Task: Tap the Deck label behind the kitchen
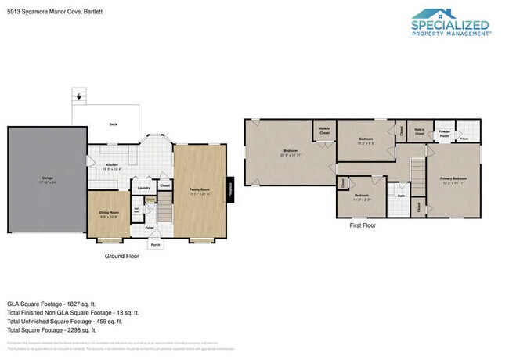(x=113, y=124)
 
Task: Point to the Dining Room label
(x=109, y=214)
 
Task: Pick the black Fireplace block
(x=230, y=188)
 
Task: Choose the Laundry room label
(x=143, y=188)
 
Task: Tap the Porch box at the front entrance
(x=156, y=244)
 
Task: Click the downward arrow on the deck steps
(x=78, y=98)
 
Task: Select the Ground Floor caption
(x=121, y=256)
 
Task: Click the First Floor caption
(x=363, y=225)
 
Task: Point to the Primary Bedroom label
(x=453, y=179)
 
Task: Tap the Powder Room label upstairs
(x=444, y=133)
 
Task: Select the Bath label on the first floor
(x=400, y=196)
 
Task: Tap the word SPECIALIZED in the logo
(x=451, y=24)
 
